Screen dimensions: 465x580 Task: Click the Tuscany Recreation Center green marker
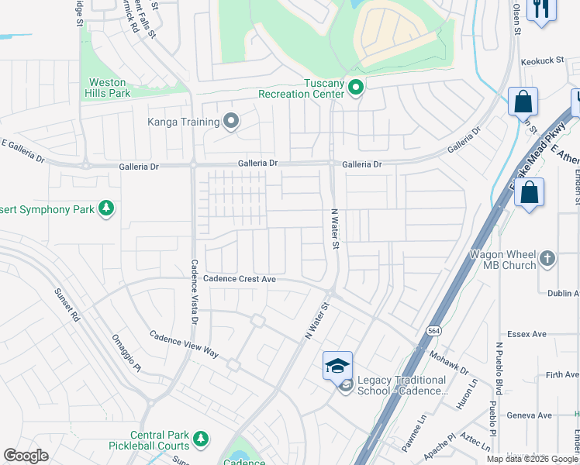(356, 88)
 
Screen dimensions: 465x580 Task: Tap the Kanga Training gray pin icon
(230, 121)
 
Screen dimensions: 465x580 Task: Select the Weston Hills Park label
(107, 88)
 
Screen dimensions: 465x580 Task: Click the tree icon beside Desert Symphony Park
(106, 208)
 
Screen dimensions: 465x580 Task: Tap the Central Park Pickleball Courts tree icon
(201, 439)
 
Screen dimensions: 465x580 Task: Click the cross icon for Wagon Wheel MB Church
(547, 258)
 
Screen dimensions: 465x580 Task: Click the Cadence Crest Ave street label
(240, 278)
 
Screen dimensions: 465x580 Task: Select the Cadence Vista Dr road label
(195, 291)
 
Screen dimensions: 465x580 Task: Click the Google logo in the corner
(26, 456)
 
